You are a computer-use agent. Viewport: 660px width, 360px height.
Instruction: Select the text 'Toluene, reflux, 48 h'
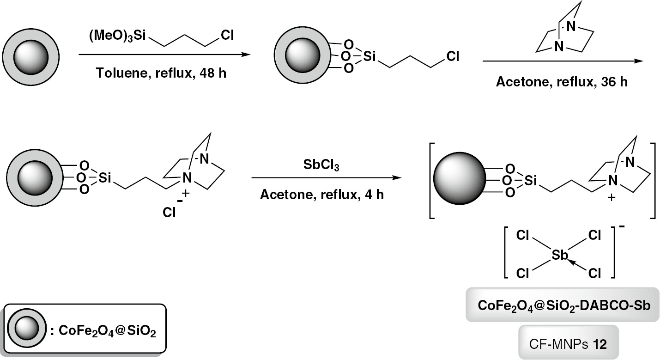click(161, 73)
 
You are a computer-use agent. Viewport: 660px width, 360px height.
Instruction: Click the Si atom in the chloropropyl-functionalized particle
click(369, 57)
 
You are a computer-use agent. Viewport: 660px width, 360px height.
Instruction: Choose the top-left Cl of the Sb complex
click(523, 236)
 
